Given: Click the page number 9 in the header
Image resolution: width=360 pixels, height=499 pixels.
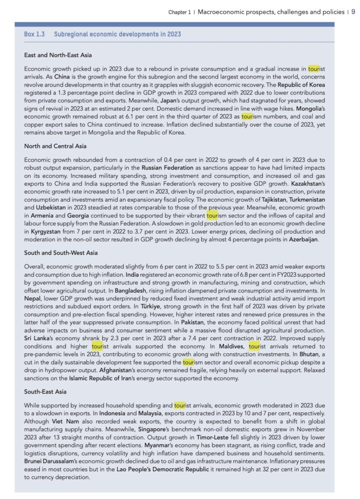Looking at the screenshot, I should pyautogui.click(x=353, y=12).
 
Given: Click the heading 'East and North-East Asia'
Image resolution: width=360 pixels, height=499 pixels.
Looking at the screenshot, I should pyautogui.click(x=58, y=56).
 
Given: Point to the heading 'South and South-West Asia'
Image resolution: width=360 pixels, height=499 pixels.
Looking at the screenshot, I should pyautogui.click(x=61, y=252).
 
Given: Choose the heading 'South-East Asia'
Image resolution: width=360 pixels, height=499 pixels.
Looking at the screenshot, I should pyautogui.click(x=46, y=392).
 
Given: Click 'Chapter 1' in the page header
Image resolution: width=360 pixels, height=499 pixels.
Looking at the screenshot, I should pyautogui.click(x=179, y=12).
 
